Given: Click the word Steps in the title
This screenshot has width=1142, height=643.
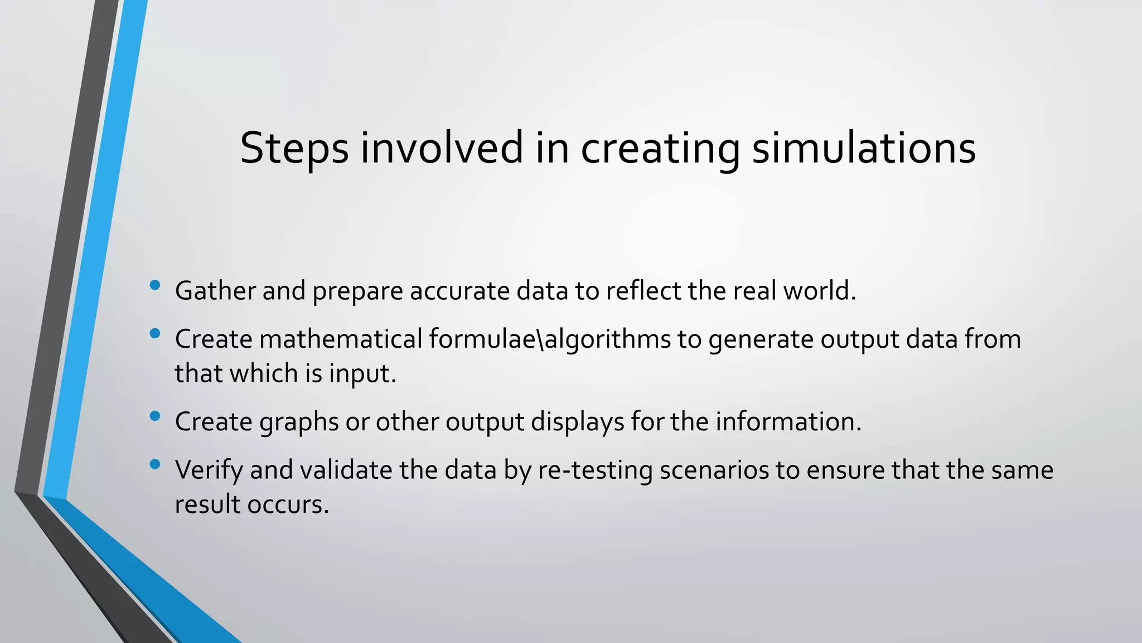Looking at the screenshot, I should (x=294, y=148).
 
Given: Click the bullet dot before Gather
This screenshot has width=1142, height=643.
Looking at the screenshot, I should (x=155, y=286).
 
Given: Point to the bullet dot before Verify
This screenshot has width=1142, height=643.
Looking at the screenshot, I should (x=155, y=464).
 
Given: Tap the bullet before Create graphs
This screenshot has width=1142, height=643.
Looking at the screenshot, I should (x=155, y=416).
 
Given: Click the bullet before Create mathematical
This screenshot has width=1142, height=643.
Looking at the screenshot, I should (x=155, y=334).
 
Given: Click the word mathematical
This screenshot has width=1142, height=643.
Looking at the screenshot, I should (x=341, y=339).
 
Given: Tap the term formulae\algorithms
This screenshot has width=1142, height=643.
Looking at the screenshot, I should (x=550, y=339).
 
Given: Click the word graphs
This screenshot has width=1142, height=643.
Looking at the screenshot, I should (x=299, y=422).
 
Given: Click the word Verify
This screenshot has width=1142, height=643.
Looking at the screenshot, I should (x=209, y=470).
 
